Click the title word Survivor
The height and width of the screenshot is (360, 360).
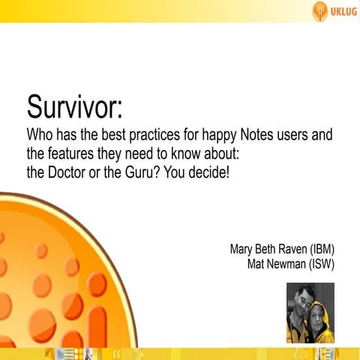(73, 106)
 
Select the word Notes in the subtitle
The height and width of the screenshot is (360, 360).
(241, 137)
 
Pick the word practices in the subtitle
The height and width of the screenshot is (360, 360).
(142, 137)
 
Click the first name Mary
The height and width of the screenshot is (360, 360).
(242, 249)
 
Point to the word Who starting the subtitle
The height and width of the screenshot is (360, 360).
(40, 137)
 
